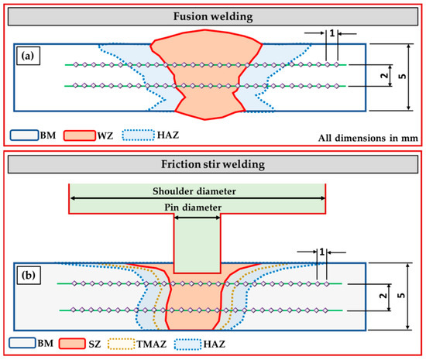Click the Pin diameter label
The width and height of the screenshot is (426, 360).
tap(198, 208)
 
